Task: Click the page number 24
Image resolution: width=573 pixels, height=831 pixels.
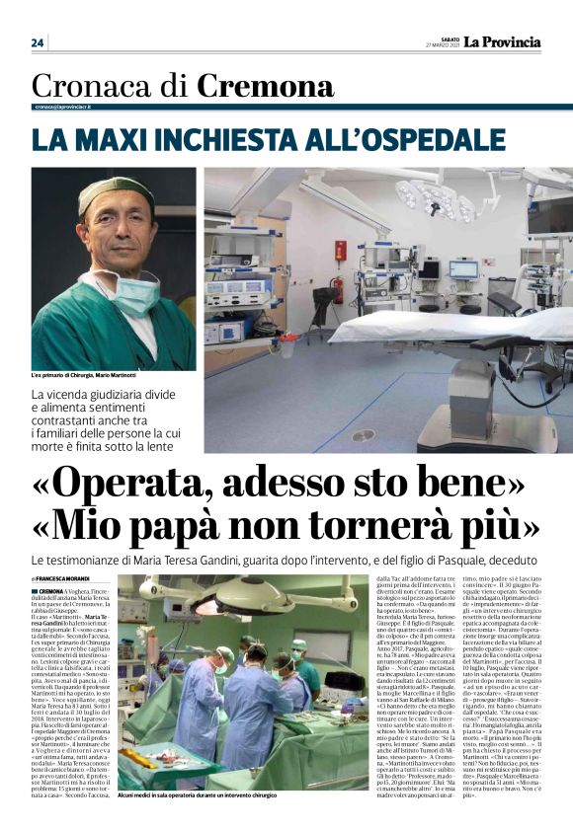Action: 38,42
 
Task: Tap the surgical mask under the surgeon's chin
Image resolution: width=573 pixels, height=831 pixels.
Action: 135,293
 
